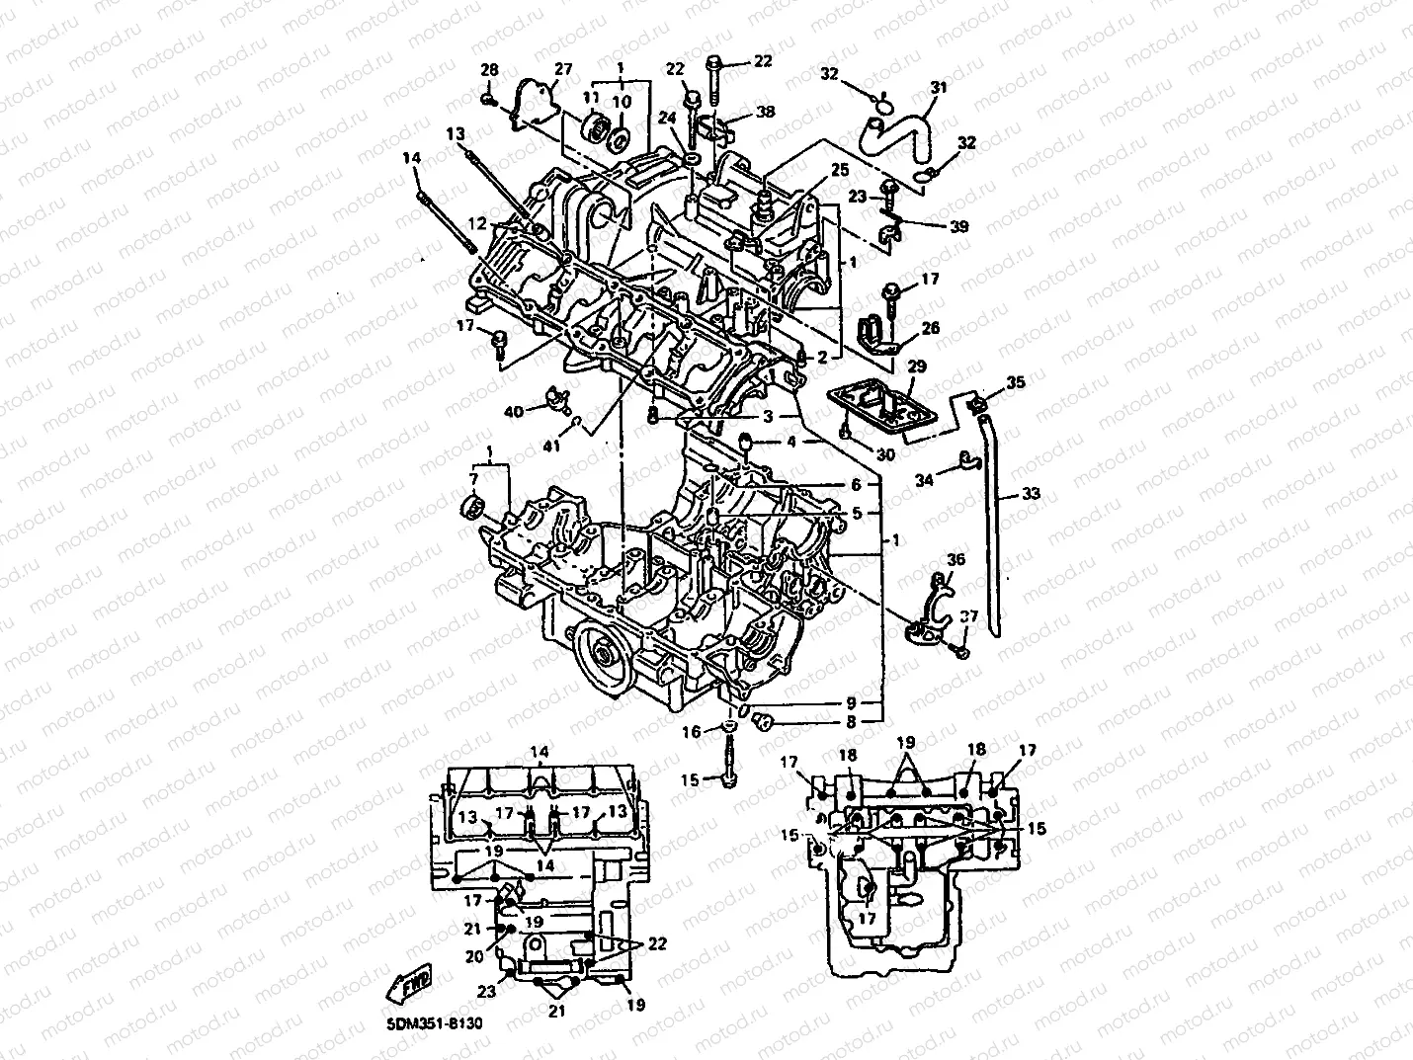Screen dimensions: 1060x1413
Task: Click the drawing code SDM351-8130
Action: tap(429, 1026)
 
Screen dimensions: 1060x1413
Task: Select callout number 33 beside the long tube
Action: tap(1030, 494)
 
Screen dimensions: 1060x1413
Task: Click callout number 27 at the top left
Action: tap(562, 69)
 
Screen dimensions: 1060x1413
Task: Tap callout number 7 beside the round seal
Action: tap(473, 479)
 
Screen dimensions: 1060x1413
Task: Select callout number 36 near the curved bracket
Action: tap(955, 560)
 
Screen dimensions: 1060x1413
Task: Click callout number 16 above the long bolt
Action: tap(691, 732)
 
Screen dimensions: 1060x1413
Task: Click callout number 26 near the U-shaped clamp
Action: tap(930, 329)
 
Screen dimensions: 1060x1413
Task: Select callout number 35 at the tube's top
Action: tap(1016, 381)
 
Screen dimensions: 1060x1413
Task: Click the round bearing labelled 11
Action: tap(597, 129)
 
